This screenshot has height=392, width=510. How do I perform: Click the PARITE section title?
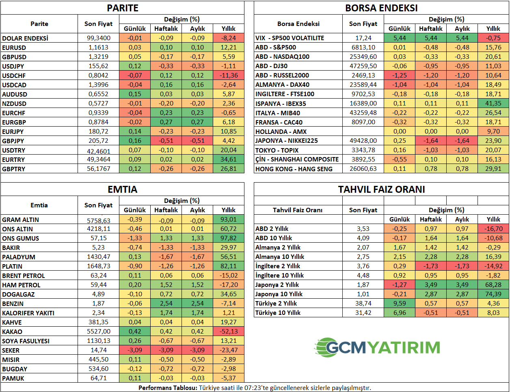click(x=122, y=8)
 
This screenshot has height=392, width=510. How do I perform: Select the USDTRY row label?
click(x=14, y=151)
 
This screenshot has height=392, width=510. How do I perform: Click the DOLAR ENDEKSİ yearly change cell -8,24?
click(x=228, y=38)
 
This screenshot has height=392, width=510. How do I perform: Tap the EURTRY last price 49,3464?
click(x=99, y=159)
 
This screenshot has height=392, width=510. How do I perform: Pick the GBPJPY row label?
click(x=13, y=141)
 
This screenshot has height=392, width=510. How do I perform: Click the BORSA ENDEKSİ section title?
click(x=381, y=8)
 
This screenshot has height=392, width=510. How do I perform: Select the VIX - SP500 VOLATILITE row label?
click(x=290, y=38)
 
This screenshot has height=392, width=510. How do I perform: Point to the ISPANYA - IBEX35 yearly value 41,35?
click(x=493, y=103)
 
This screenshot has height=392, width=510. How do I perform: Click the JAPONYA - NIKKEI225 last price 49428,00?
click(x=363, y=141)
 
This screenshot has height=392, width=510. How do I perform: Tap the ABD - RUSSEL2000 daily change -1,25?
click(x=400, y=75)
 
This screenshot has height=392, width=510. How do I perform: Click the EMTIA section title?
click(x=122, y=190)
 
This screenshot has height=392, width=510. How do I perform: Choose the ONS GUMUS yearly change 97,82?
click(x=228, y=238)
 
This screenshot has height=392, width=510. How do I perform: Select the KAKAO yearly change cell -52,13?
click(x=228, y=332)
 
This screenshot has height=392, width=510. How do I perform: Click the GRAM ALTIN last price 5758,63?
click(x=99, y=220)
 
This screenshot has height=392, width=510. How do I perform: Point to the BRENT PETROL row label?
click(x=24, y=276)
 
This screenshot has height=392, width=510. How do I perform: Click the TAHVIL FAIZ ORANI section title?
click(x=381, y=190)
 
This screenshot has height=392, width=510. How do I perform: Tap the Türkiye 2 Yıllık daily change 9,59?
click(x=400, y=304)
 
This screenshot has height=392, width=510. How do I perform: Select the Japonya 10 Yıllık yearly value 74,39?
click(x=493, y=294)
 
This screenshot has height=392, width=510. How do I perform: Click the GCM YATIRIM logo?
click(x=377, y=347)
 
